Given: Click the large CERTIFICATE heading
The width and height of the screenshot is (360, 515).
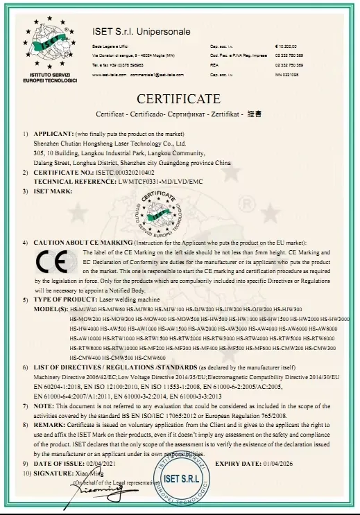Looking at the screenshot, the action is click(178, 99).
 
